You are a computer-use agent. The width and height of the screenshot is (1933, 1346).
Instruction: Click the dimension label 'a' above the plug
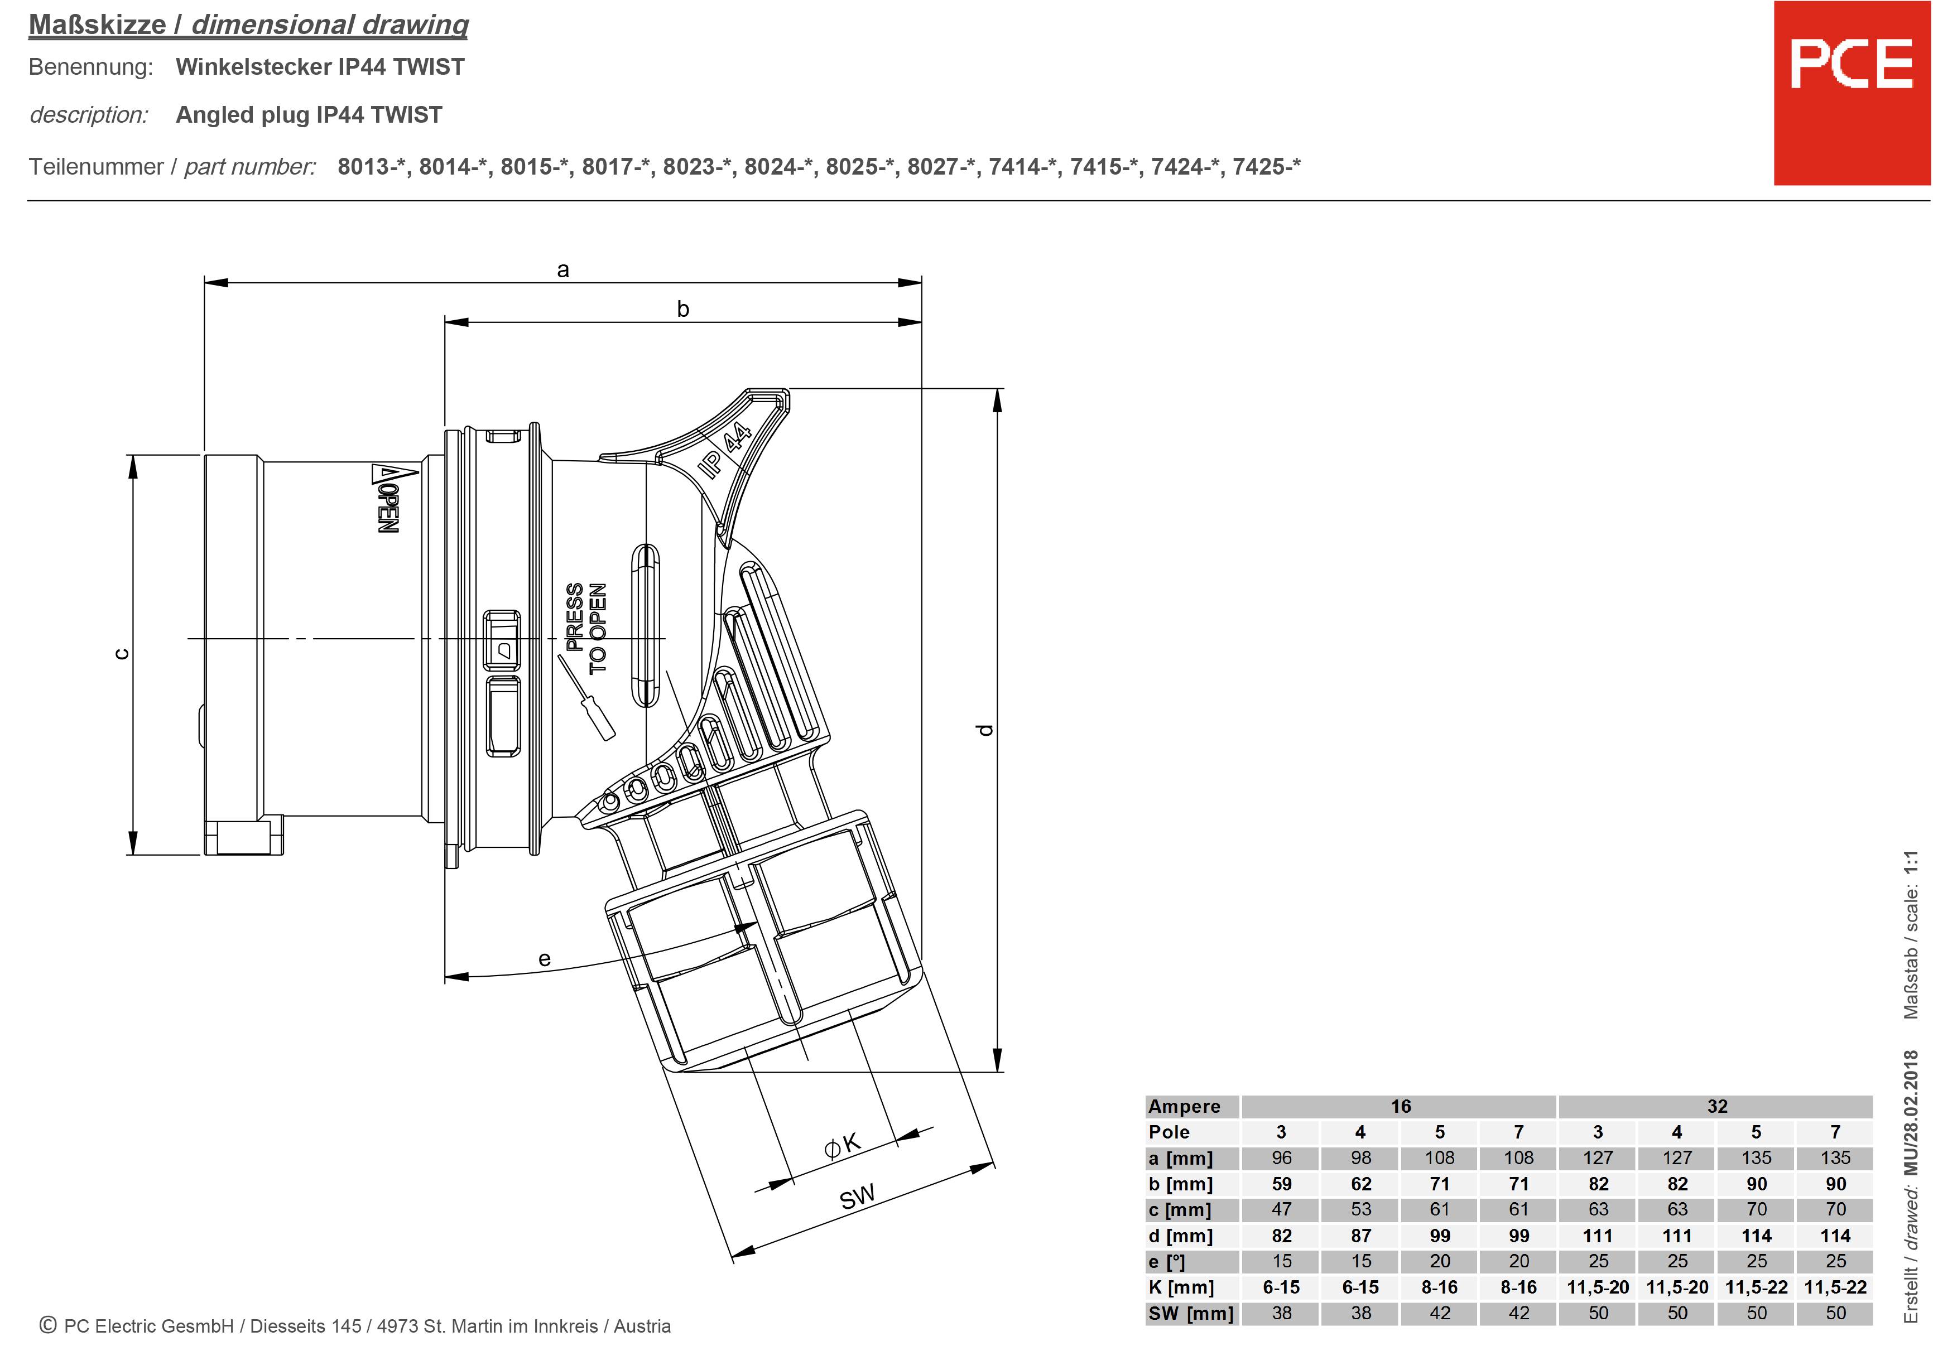coord(563,270)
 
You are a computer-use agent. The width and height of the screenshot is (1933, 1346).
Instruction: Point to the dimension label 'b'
coord(683,309)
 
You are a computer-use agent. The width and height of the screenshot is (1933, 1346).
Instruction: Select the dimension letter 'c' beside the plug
coord(122,654)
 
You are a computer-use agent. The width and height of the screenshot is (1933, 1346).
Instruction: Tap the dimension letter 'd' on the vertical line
coord(986,730)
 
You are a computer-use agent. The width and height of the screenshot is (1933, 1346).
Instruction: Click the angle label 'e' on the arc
coord(544,959)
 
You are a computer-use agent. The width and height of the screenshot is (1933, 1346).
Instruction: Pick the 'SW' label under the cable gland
coord(857,1196)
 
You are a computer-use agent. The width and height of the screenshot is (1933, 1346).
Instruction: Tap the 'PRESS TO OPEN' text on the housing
coord(586,628)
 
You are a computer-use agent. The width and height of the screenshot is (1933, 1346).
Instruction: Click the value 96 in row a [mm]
coord(1281,1158)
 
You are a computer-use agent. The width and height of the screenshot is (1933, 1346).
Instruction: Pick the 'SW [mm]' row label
coord(1190,1313)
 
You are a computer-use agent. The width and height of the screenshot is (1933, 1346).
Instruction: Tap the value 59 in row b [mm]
coord(1281,1184)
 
